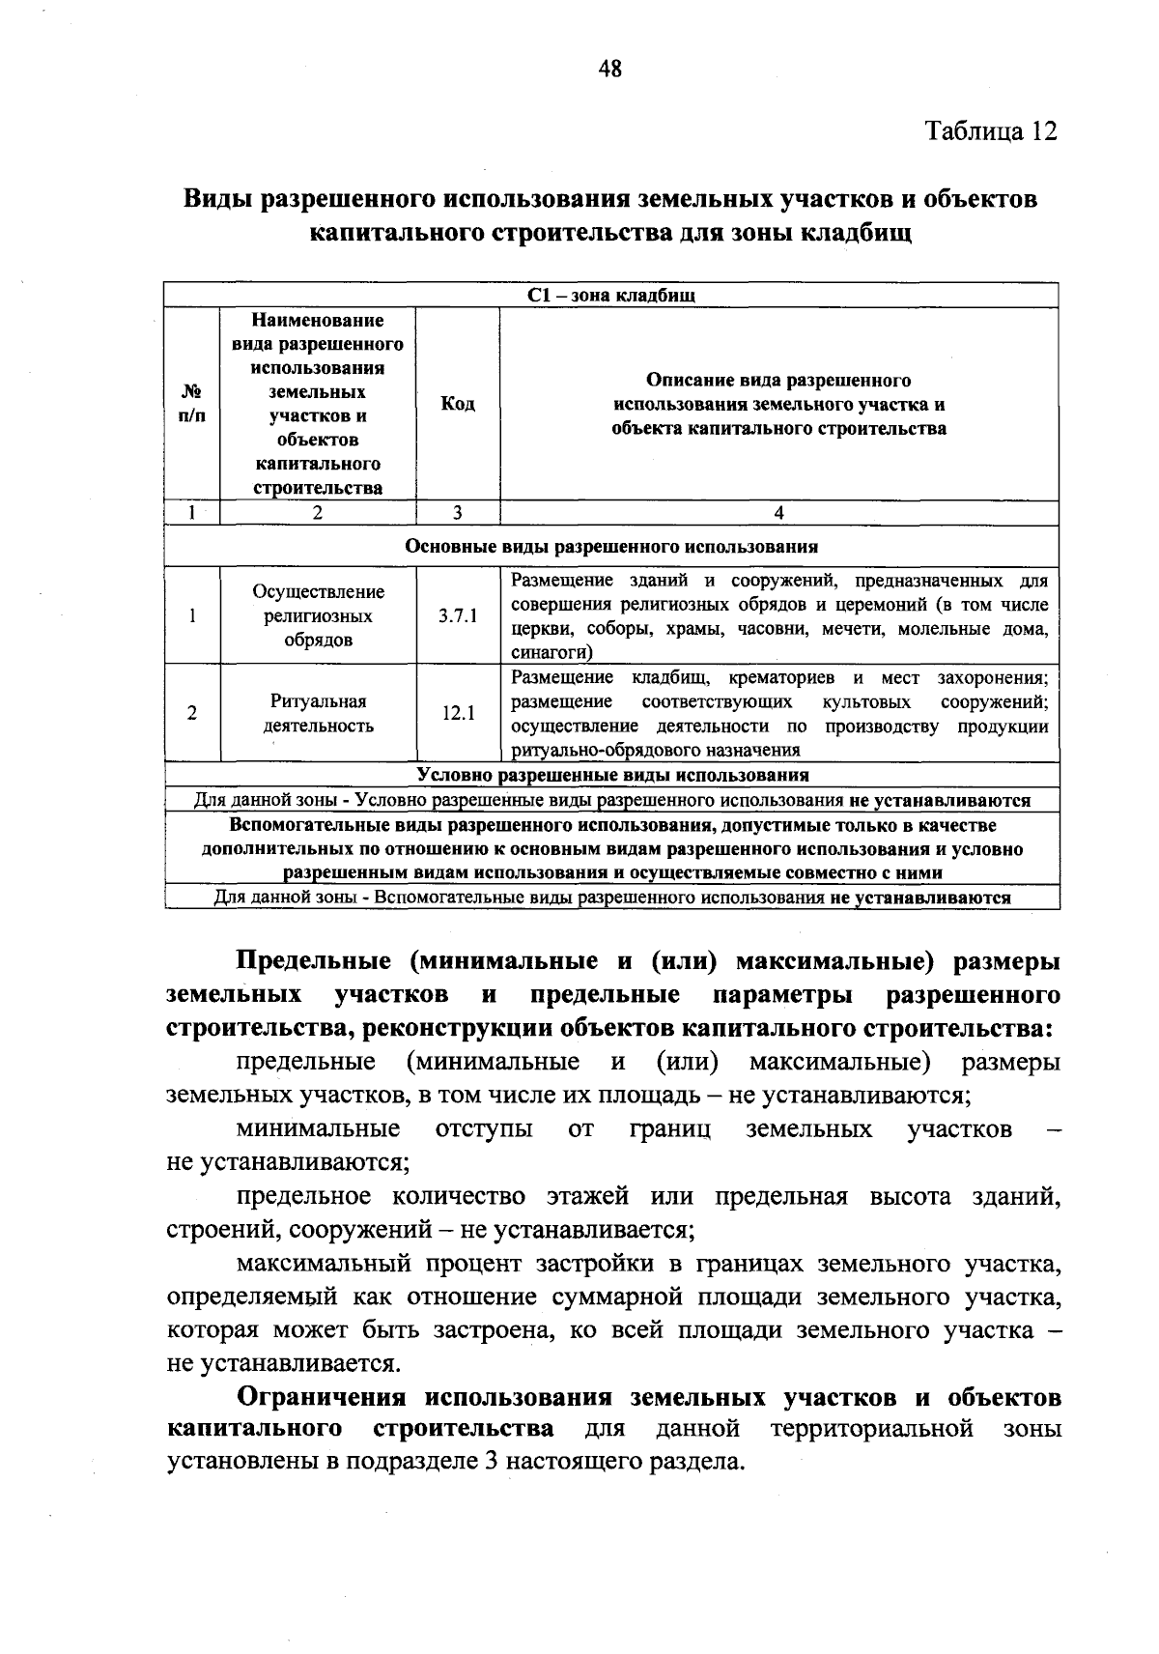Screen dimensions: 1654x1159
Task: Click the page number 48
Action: [x=610, y=69]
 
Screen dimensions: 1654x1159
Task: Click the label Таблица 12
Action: [x=991, y=131]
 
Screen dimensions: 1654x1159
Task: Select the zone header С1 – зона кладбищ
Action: [x=611, y=296]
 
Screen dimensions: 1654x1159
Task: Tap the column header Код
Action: [x=458, y=404]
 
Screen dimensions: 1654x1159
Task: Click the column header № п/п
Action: [x=193, y=404]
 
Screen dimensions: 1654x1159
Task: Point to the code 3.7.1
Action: [x=458, y=616]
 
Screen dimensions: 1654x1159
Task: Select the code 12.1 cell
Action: [x=458, y=714]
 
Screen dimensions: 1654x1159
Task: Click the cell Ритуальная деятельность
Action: [x=318, y=714]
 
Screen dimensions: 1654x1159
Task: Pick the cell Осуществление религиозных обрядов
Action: [x=318, y=616]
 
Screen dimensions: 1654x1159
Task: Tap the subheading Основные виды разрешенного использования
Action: [x=611, y=547]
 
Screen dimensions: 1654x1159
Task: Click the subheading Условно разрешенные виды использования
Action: [x=612, y=775]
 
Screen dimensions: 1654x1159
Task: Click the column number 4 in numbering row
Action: [x=778, y=514]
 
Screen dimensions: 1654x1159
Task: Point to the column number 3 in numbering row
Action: [x=458, y=514]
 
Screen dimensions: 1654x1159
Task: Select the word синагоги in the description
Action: [x=545, y=653]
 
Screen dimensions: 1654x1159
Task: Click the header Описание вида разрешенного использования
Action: [x=778, y=404]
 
